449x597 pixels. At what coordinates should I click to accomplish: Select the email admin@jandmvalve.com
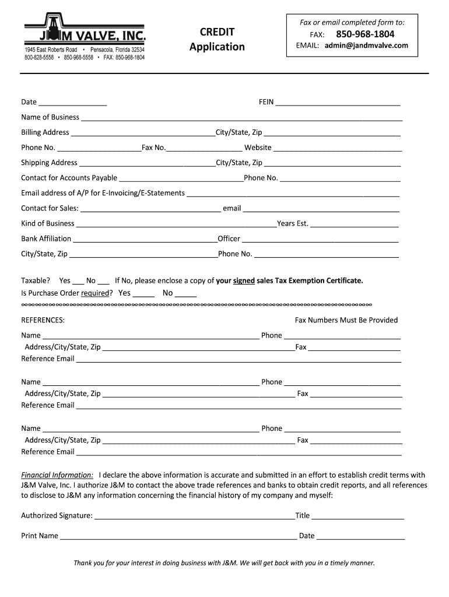coord(366,45)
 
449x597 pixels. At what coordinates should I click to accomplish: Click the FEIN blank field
coord(338,103)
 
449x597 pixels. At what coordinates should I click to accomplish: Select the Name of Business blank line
coord(241,118)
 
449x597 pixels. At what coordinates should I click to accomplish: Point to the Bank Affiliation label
coord(46,238)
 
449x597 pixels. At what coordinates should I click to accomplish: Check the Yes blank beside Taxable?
coord(78,282)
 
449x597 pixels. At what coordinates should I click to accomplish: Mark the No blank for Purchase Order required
coord(185,294)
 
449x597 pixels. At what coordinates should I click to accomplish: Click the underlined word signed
coord(244,280)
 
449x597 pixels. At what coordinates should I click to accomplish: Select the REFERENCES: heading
coord(43,320)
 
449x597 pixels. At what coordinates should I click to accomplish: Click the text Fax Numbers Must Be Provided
coord(346,320)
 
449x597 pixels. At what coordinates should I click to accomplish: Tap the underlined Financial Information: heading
coord(57,475)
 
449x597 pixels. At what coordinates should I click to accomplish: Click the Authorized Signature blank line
coord(194,517)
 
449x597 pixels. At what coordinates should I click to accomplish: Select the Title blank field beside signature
coord(357,517)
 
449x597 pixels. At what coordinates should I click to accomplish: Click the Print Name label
coord(40,536)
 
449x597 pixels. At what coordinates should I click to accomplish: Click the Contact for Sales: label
coord(50,208)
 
